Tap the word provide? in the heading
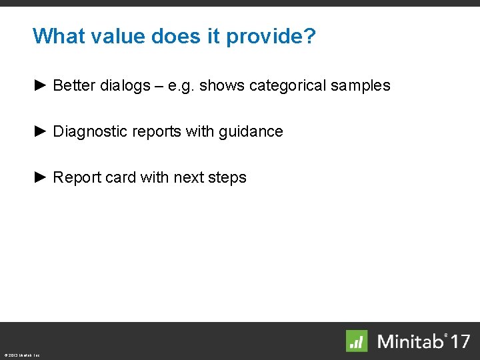pyautogui.click(x=271, y=36)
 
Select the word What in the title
pyautogui.click(x=55, y=36)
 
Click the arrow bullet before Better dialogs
pyautogui.click(x=40, y=85)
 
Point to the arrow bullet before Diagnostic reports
pyautogui.click(x=40, y=131)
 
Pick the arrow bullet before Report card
pyautogui.click(x=40, y=177)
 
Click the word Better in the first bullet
pyautogui.click(x=72, y=86)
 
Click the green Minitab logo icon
pyautogui.click(x=357, y=341)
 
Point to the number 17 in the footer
pyautogui.click(x=459, y=341)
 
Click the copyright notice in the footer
pyautogui.click(x=21, y=355)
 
